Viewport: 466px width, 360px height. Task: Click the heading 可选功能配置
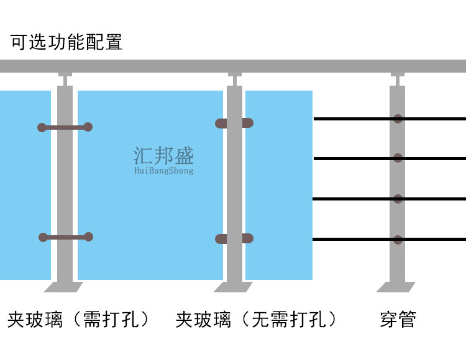click(66, 42)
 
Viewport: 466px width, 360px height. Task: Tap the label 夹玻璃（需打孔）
click(80, 320)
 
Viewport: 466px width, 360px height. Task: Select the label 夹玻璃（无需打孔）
click(257, 320)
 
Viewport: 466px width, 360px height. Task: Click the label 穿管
click(398, 320)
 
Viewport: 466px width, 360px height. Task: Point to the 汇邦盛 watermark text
click(164, 155)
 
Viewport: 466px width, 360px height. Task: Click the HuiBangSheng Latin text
click(164, 171)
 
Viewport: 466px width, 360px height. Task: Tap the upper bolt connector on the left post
click(65, 127)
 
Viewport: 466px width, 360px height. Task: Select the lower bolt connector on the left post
click(65, 237)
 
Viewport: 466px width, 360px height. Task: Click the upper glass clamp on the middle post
click(234, 123)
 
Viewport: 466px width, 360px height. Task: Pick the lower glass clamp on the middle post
click(234, 238)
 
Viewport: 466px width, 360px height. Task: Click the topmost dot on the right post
click(398, 119)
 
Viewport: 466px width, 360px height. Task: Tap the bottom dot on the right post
click(398, 239)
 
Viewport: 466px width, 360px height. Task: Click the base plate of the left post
click(64, 287)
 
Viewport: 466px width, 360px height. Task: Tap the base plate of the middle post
click(234, 287)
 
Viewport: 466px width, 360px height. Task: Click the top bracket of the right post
click(398, 79)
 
